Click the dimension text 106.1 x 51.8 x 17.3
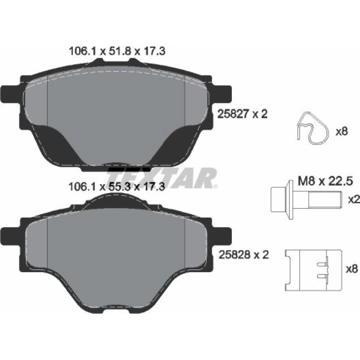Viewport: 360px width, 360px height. pyautogui.click(x=117, y=51)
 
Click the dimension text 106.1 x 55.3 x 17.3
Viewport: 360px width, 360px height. pyautogui.click(x=117, y=187)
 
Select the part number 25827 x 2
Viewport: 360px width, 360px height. pyautogui.click(x=243, y=114)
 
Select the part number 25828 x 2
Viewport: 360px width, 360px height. pyautogui.click(x=244, y=255)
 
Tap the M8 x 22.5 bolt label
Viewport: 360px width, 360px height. pyautogui.click(x=325, y=181)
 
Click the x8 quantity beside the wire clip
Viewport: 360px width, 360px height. pyautogui.click(x=342, y=132)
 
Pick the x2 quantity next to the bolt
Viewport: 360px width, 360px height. pyautogui.click(x=354, y=200)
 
